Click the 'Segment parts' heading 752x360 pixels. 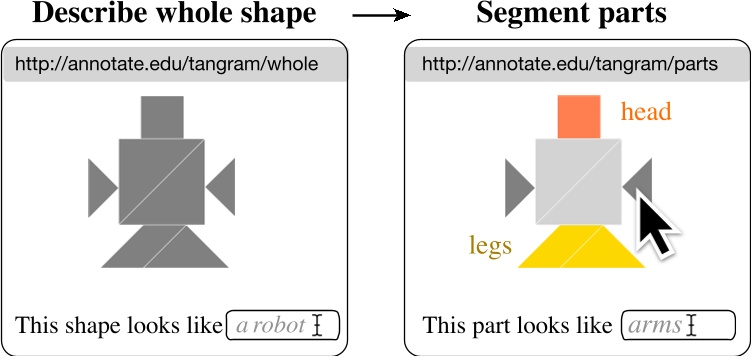pyautogui.click(x=573, y=15)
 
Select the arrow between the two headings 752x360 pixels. pyautogui.click(x=382, y=16)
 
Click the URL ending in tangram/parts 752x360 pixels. pyautogui.click(x=570, y=65)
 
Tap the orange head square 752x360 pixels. pyautogui.click(x=579, y=115)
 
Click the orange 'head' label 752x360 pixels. pyautogui.click(x=645, y=112)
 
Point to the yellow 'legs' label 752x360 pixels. pyautogui.click(x=491, y=245)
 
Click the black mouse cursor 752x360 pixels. pyautogui.click(x=655, y=226)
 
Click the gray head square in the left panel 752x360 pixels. pyautogui.click(x=162, y=116)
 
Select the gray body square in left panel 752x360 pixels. pyautogui.click(x=162, y=181)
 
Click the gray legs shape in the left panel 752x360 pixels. pyautogui.click(x=163, y=248)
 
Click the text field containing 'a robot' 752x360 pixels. pyautogui.click(x=283, y=325)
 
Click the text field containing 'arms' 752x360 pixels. pyautogui.click(x=677, y=325)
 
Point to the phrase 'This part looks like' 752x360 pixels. pyautogui.click(x=517, y=326)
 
